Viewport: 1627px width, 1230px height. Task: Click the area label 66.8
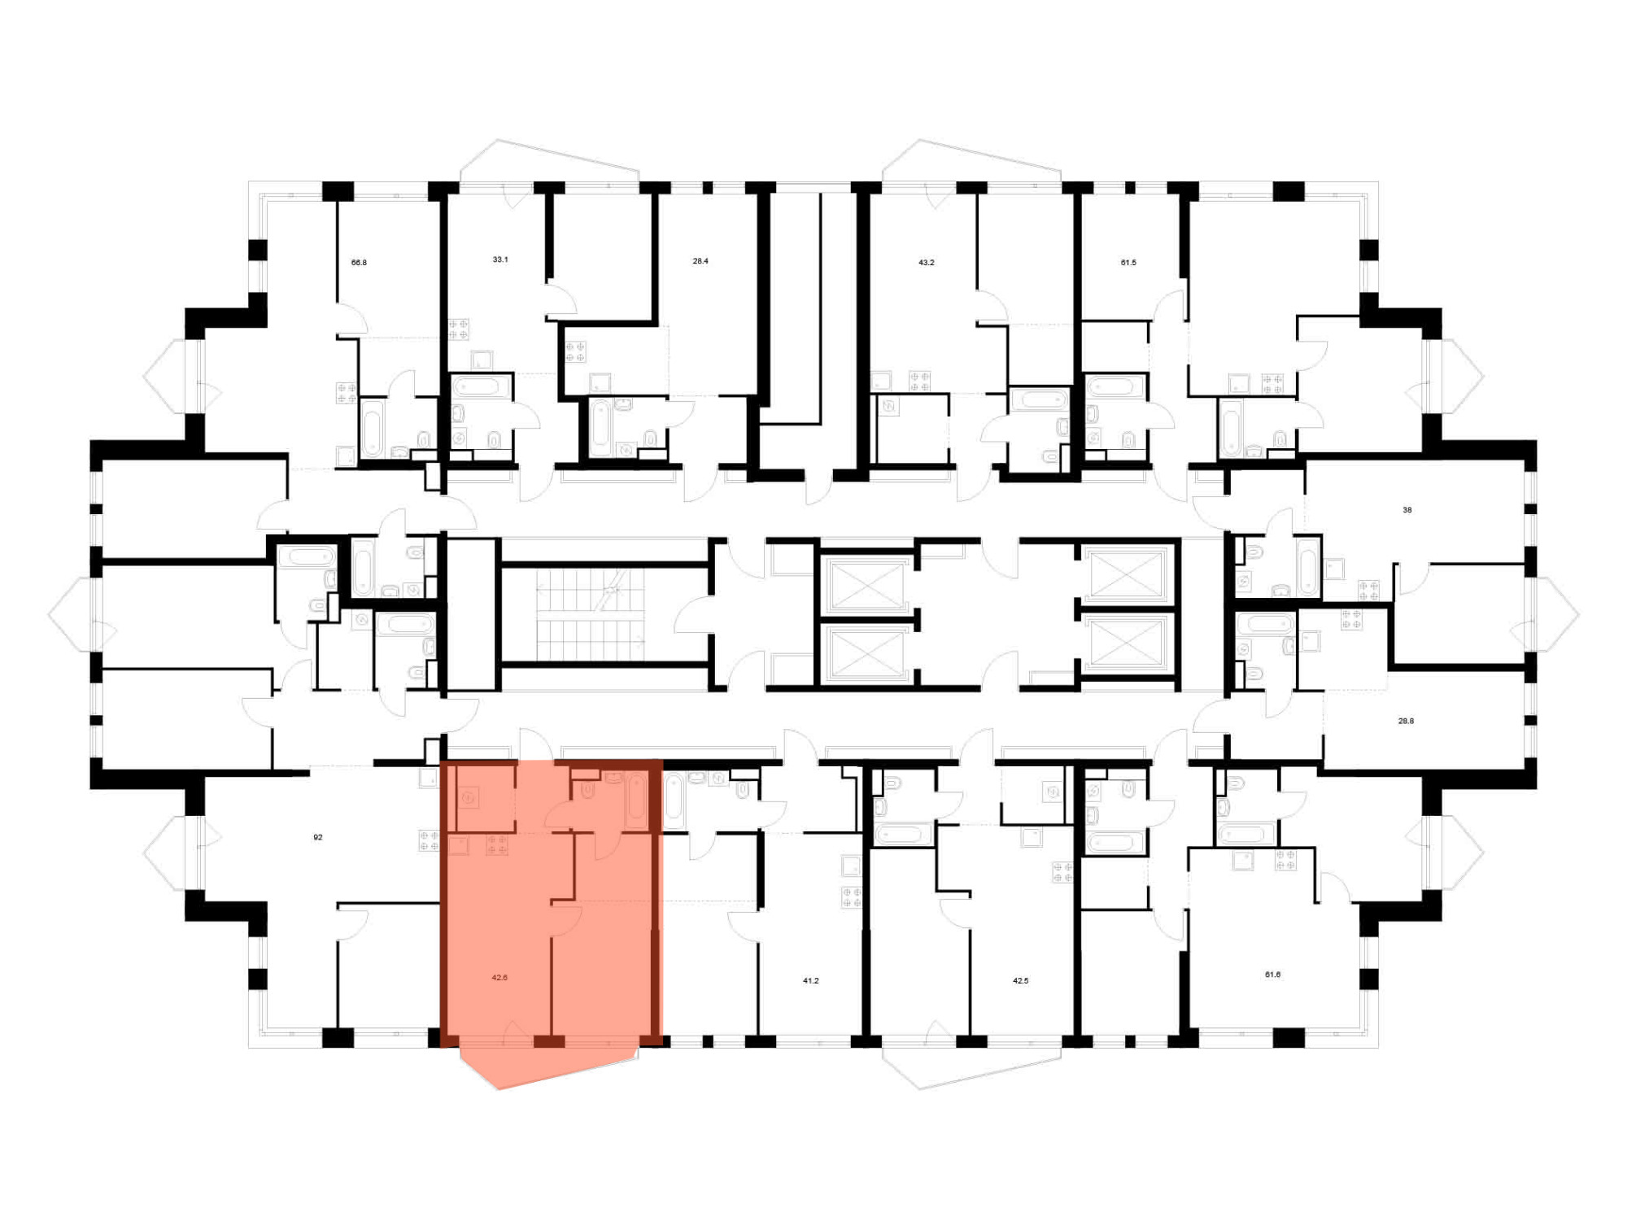(x=359, y=263)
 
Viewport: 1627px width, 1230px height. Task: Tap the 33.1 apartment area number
(x=500, y=260)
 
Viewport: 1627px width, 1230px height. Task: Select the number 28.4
(x=700, y=261)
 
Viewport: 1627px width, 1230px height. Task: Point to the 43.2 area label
(x=927, y=263)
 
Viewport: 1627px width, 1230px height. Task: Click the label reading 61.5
(x=1128, y=263)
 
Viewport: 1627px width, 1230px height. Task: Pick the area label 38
(x=1407, y=510)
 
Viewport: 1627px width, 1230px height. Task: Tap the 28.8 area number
(x=1406, y=721)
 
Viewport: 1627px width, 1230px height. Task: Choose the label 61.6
(x=1273, y=975)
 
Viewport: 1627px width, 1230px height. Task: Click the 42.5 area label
(x=1021, y=981)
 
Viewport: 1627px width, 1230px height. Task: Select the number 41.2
(x=811, y=981)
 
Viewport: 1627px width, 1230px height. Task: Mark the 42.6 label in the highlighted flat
(x=499, y=978)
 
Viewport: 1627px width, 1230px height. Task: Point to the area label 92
(x=318, y=837)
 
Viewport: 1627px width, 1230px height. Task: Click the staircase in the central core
(x=591, y=614)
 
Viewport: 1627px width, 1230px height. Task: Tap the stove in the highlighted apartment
(x=497, y=845)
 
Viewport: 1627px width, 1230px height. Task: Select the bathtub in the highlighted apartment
(x=637, y=801)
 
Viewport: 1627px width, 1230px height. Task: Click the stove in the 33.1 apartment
(x=459, y=329)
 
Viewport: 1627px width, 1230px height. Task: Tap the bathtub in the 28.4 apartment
(x=600, y=428)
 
